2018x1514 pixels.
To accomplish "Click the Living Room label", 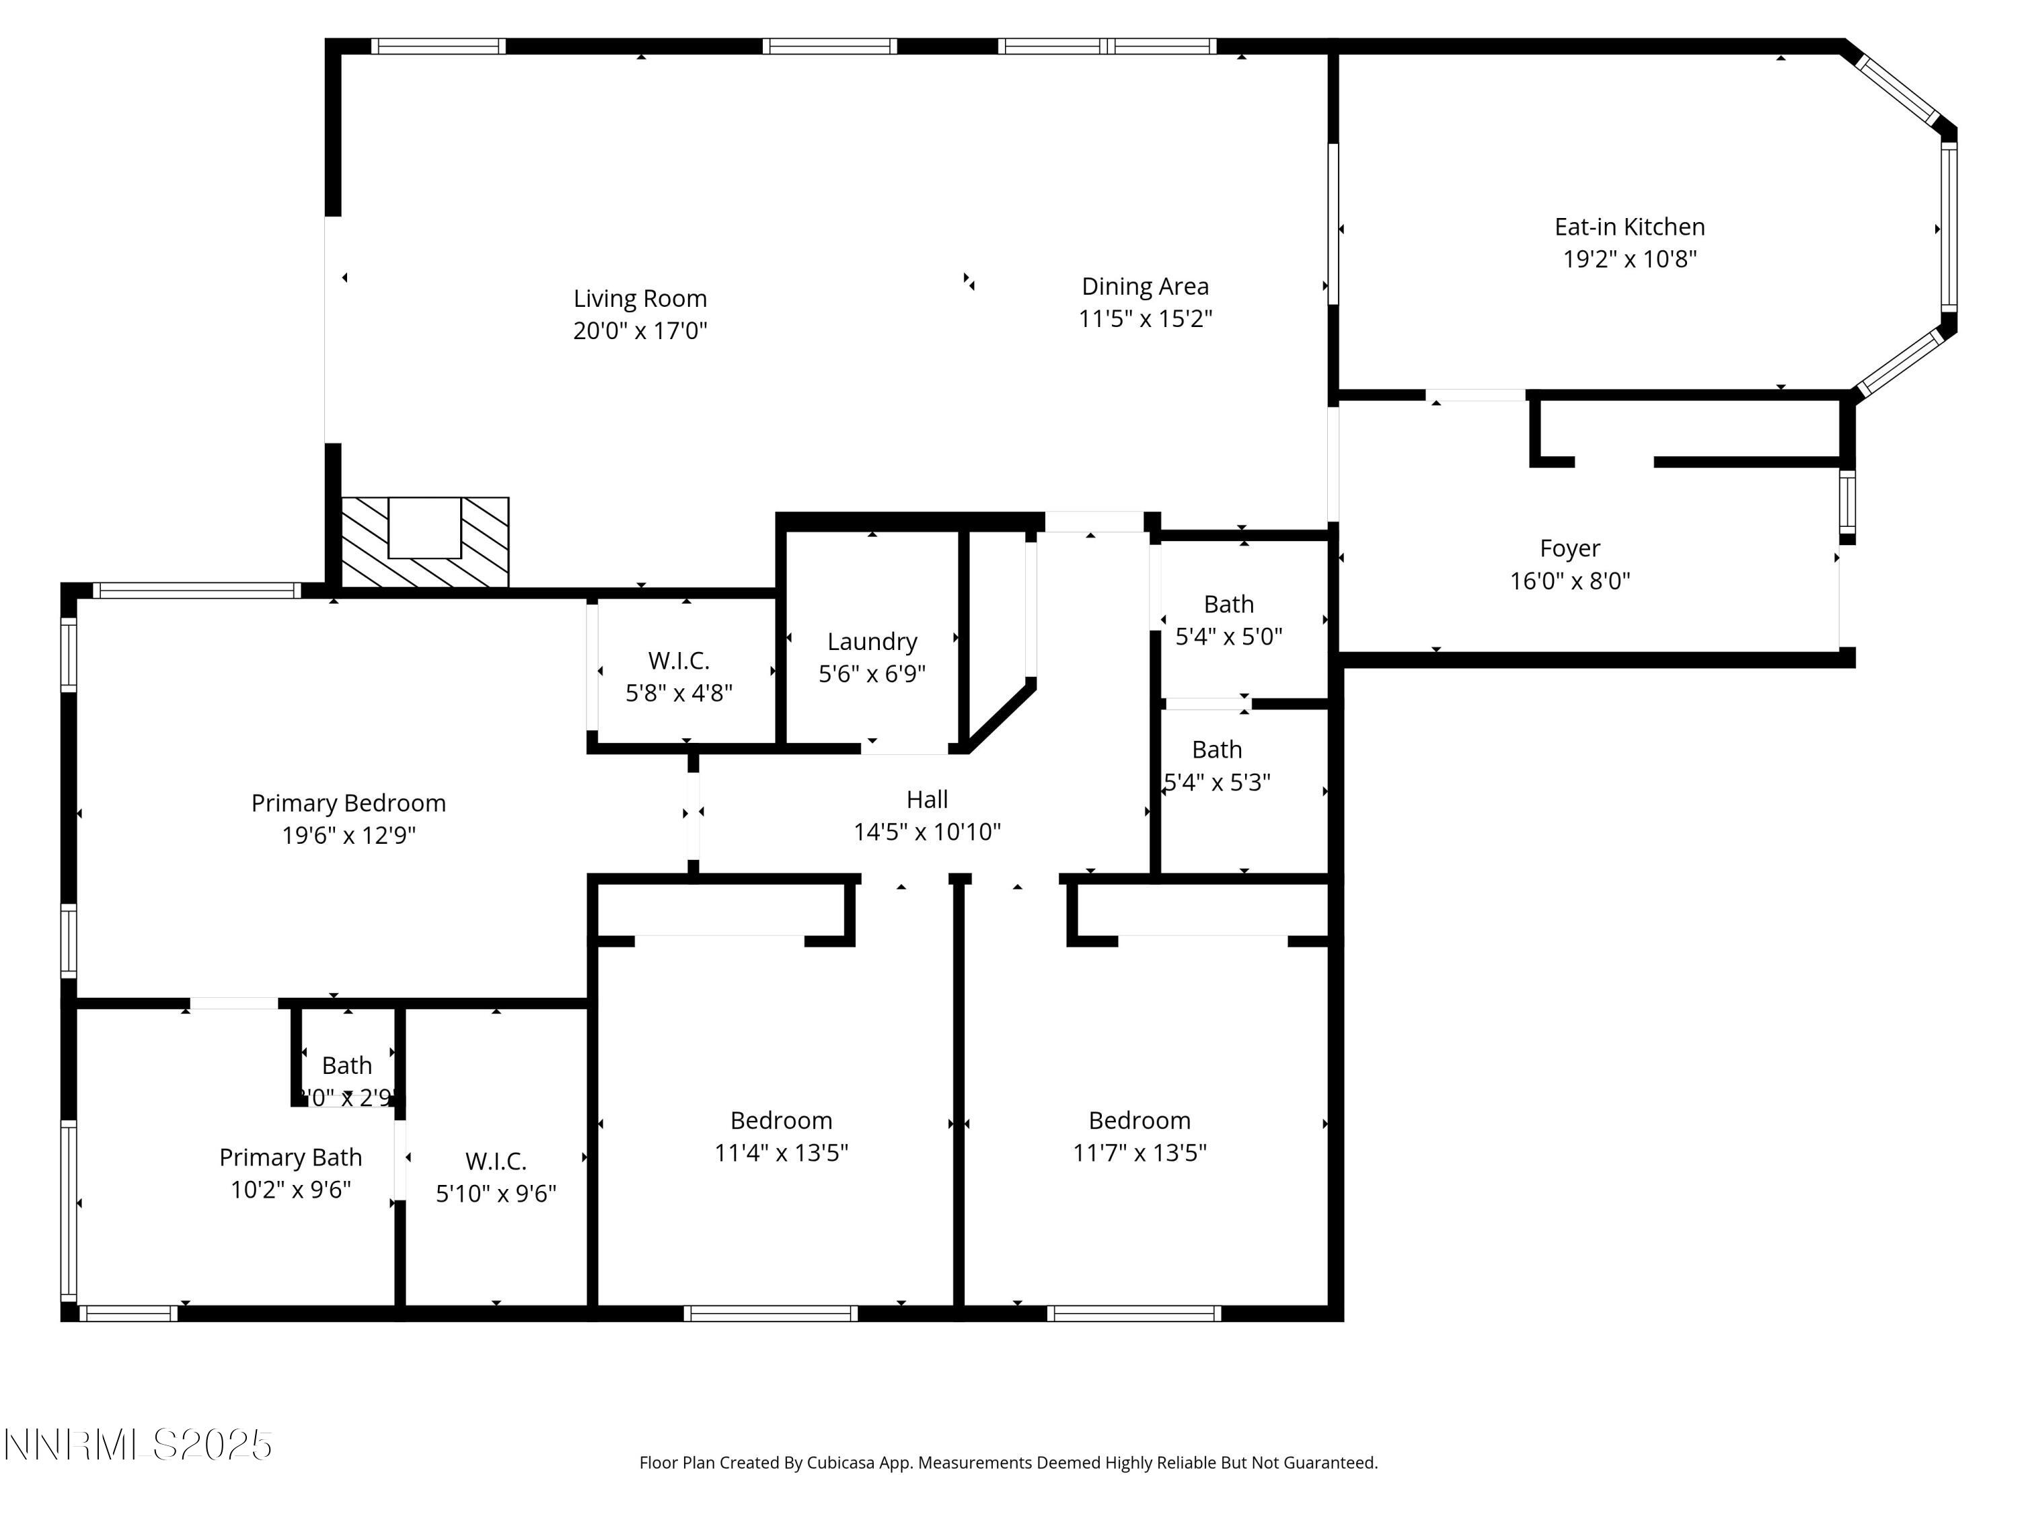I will (x=640, y=298).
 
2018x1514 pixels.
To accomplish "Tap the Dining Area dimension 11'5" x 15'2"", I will (x=1145, y=318).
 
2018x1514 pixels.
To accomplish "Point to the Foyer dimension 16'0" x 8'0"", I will (x=1569, y=581).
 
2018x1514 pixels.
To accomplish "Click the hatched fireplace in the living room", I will (x=424, y=542).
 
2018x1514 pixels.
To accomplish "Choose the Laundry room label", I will (x=872, y=641).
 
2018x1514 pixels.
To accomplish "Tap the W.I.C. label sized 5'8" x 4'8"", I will (x=679, y=660).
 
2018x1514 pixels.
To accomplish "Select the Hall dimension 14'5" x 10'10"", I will (x=927, y=832).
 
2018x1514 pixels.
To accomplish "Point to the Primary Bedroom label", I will (x=348, y=803).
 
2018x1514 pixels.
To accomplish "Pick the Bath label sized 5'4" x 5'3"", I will (x=1216, y=749).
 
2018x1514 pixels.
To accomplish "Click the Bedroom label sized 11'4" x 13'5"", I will (x=781, y=1120).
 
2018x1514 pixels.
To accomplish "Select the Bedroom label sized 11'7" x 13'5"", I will (x=1139, y=1120).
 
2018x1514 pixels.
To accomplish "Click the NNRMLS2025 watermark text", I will (x=139, y=1445).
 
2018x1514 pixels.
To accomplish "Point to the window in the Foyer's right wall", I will (x=1846, y=502).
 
